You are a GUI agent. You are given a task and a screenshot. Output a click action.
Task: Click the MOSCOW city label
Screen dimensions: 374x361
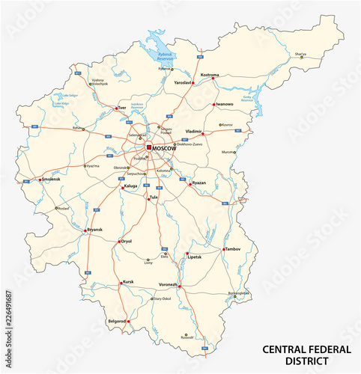click(165, 148)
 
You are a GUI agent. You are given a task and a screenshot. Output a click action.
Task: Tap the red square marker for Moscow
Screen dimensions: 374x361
click(149, 147)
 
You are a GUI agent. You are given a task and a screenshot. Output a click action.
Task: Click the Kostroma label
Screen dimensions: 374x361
click(210, 76)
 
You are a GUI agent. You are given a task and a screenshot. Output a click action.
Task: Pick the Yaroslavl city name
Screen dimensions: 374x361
click(183, 82)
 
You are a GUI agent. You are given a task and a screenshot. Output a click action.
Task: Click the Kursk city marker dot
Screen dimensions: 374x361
click(120, 283)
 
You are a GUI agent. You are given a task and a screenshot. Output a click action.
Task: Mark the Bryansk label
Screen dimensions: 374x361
click(94, 229)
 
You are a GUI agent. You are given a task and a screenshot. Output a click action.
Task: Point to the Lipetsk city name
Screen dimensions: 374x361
click(195, 258)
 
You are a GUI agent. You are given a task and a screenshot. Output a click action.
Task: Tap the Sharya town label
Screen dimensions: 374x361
click(300, 54)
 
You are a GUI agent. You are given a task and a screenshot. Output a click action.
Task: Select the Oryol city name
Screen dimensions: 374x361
click(126, 241)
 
